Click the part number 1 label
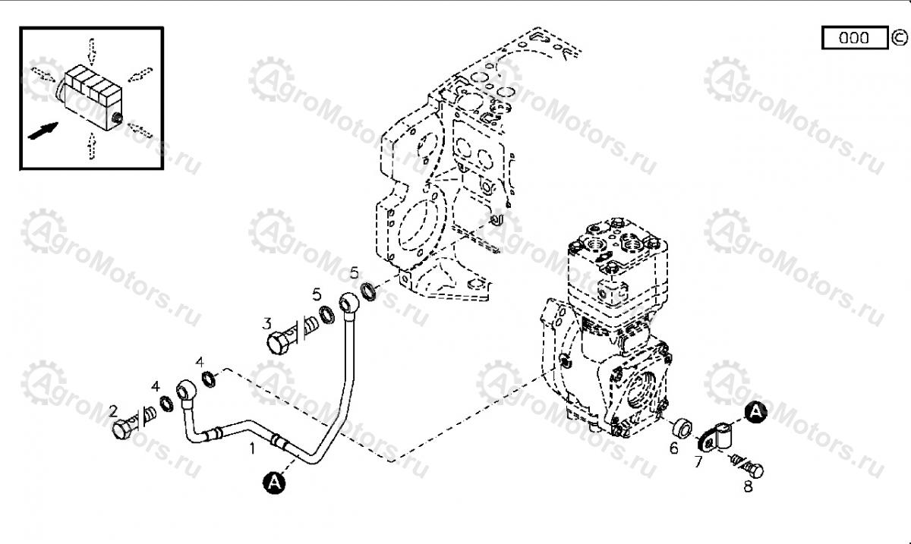[x=253, y=448]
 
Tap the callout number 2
[x=113, y=411]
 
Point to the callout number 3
[x=266, y=324]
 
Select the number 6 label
[x=674, y=448]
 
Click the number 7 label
[x=698, y=462]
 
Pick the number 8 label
[x=749, y=486]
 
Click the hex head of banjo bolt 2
[x=122, y=429]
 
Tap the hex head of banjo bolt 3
[x=279, y=344]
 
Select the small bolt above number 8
[x=748, y=466]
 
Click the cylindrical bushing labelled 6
[x=682, y=428]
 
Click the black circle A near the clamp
[x=756, y=413]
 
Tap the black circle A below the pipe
[x=274, y=483]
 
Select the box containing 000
[x=855, y=38]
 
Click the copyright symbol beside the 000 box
[x=899, y=38]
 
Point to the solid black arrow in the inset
[x=43, y=131]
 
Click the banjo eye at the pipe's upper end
[x=349, y=303]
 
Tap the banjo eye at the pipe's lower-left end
[x=187, y=390]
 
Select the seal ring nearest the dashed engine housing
[x=368, y=291]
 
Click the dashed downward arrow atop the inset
[x=92, y=52]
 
